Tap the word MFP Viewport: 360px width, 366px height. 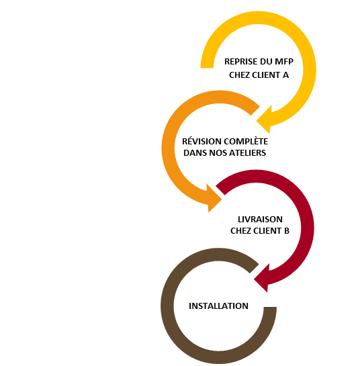(x=284, y=62)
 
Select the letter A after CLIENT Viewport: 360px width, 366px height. (x=285, y=75)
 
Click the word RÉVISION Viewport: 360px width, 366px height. (x=201, y=141)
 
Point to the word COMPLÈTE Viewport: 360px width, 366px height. (x=246, y=141)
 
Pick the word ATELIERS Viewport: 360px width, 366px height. (x=247, y=153)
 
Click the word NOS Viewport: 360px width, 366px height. (x=218, y=153)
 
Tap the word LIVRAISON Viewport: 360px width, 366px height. (x=260, y=220)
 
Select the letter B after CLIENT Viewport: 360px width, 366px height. (x=287, y=231)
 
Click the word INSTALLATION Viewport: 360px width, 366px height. (x=218, y=306)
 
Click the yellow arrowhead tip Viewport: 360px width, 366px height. (x=257, y=121)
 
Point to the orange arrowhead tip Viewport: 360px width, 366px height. (x=222, y=199)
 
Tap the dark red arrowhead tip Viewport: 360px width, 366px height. (x=254, y=279)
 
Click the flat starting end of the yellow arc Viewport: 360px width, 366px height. (x=207, y=68)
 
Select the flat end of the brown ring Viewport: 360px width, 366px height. (x=270, y=307)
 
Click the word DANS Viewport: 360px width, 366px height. (x=195, y=153)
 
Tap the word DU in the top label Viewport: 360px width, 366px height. (x=266, y=62)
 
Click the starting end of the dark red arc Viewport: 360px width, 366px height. (x=220, y=190)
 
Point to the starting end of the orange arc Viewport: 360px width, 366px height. (x=255, y=111)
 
